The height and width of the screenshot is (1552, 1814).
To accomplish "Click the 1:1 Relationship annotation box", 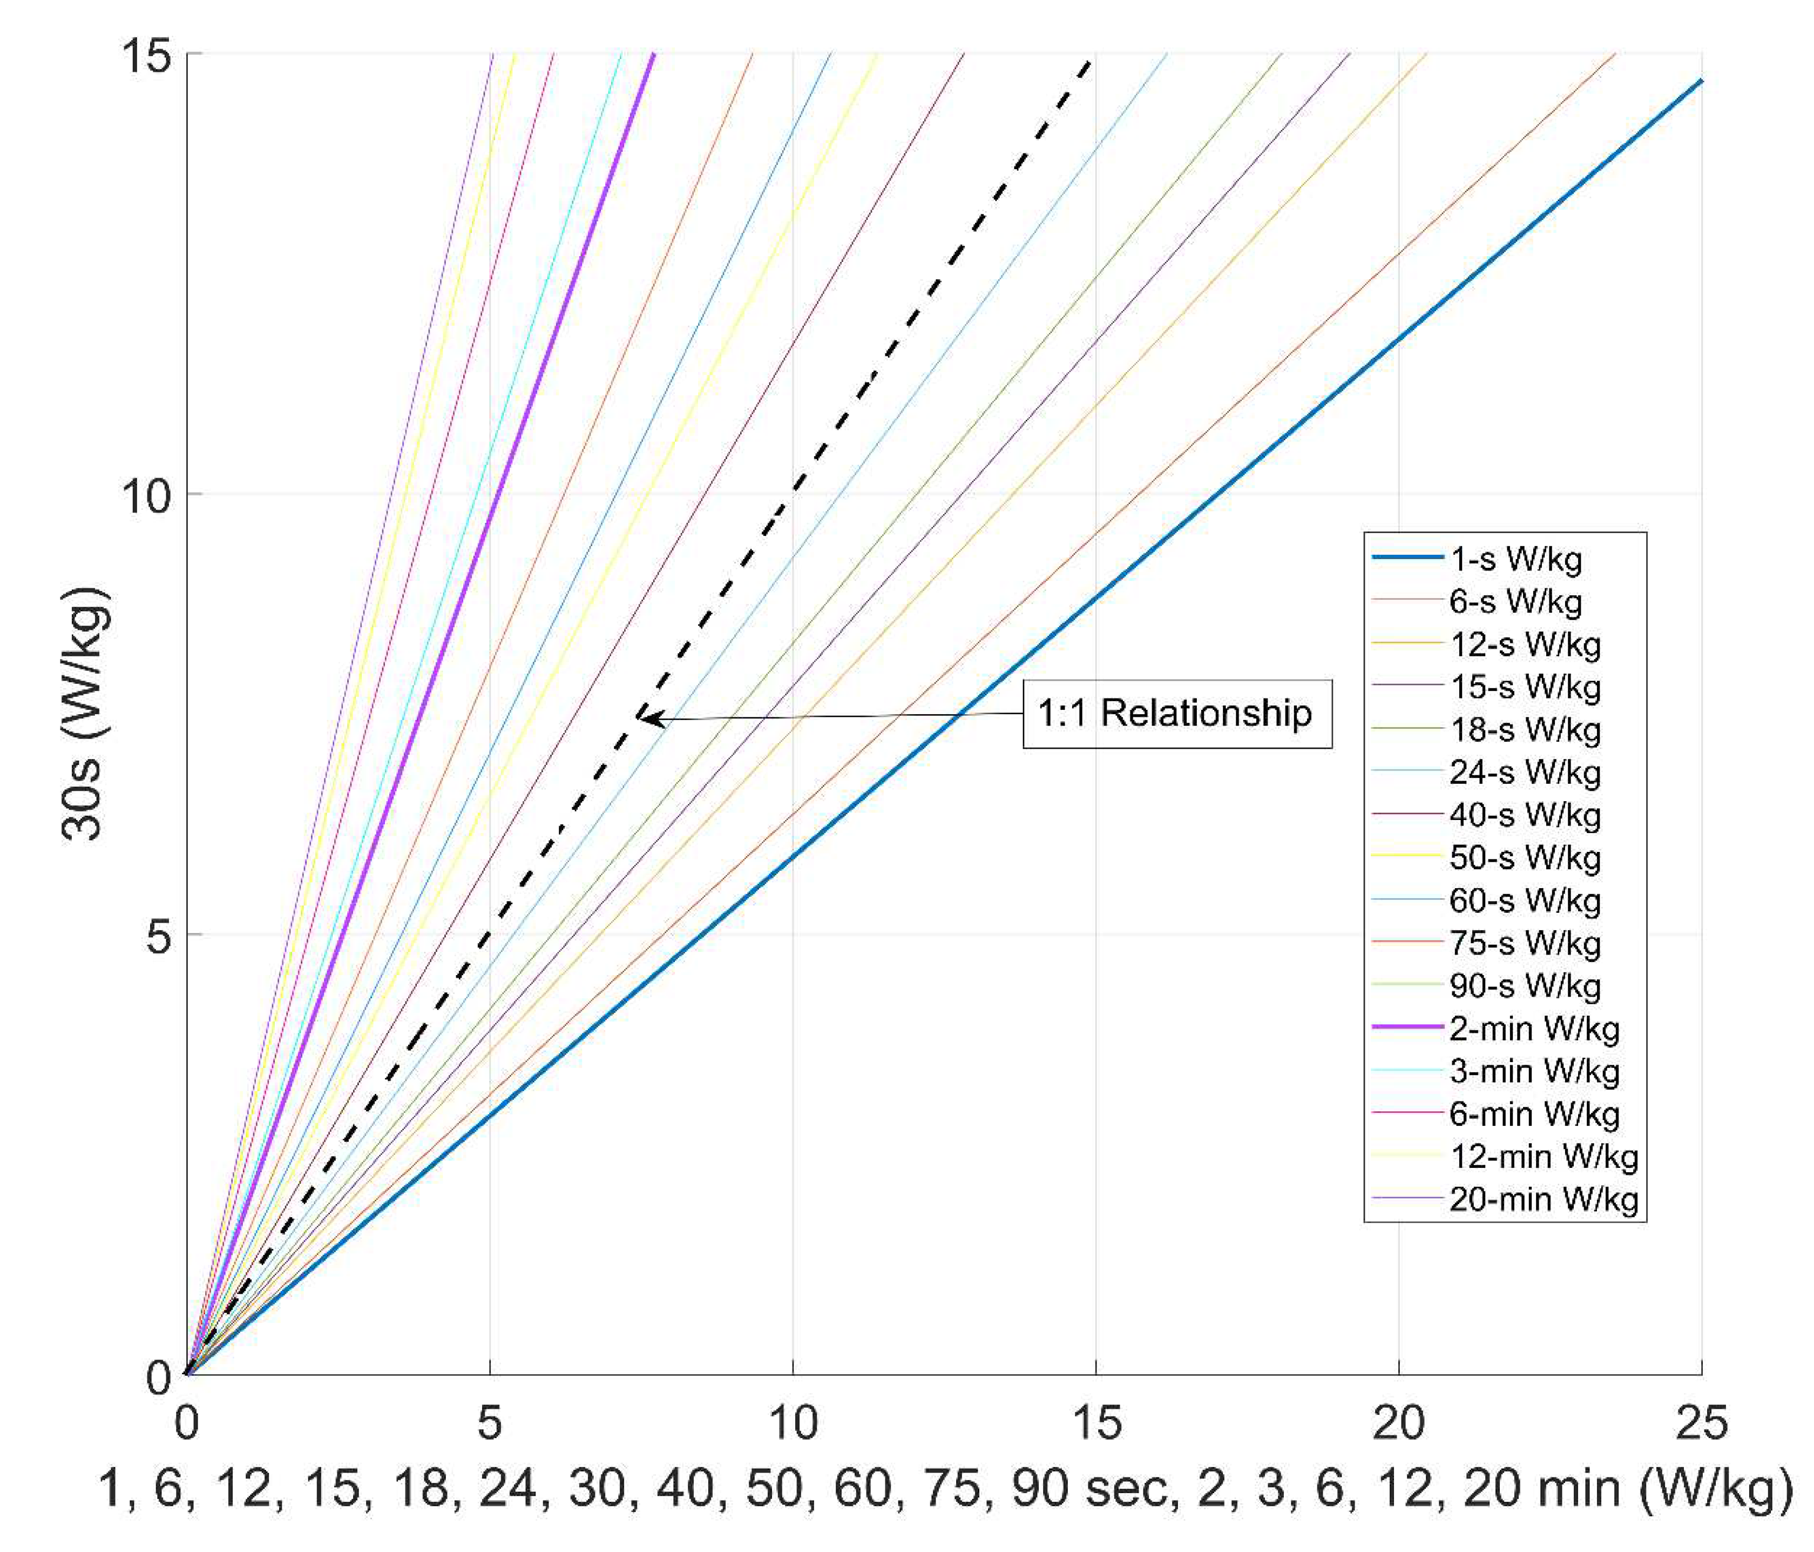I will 1176,713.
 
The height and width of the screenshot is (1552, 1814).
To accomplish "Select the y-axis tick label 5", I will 158,936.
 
